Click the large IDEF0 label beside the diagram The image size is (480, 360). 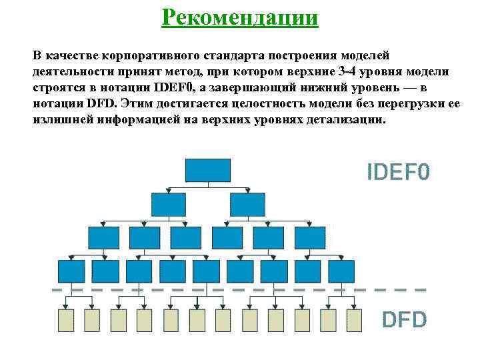(x=398, y=173)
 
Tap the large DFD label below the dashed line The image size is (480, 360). (x=403, y=320)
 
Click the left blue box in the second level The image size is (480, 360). (x=168, y=204)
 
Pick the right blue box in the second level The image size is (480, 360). (x=247, y=204)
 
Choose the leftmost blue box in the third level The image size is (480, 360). (x=103, y=237)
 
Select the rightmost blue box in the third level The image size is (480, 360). (x=309, y=237)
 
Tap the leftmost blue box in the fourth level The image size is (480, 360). (x=71, y=271)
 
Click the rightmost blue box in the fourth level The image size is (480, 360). (x=341, y=271)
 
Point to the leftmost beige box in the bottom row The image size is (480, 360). (x=66, y=320)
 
